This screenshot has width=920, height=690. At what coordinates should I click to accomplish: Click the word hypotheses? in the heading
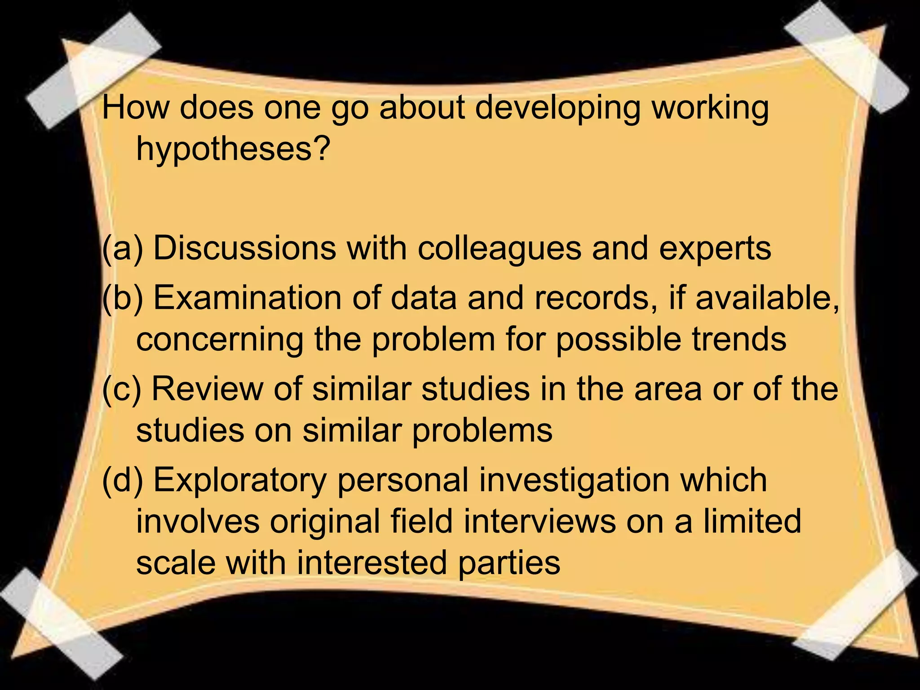pos(233,150)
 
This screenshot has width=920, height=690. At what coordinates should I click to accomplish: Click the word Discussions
pos(244,248)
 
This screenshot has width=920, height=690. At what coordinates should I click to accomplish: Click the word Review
pos(207,389)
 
